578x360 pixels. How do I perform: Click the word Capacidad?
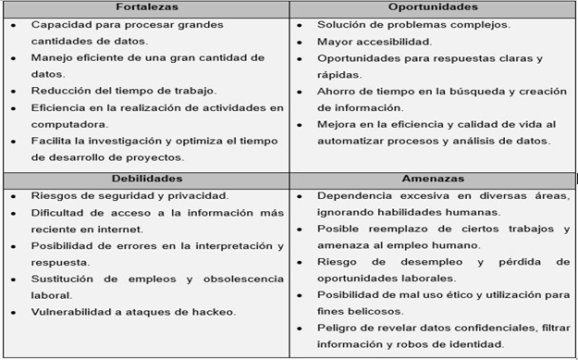point(59,25)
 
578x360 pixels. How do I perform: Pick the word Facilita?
point(52,141)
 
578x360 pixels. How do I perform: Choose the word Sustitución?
point(63,278)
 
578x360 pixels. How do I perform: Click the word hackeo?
point(212,311)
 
